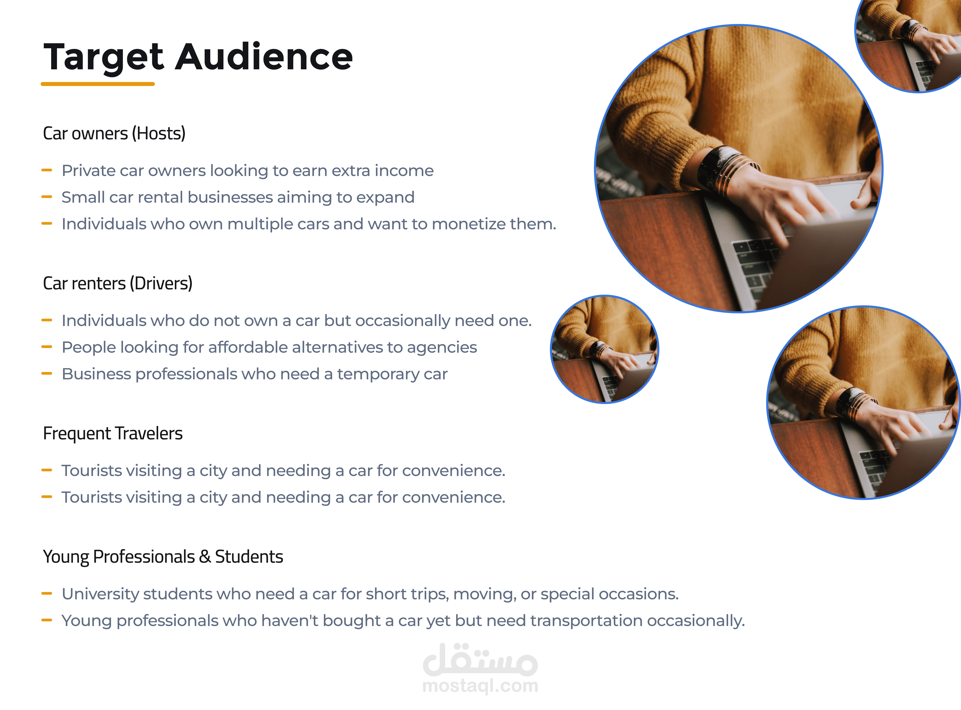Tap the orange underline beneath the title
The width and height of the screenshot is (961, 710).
tap(98, 84)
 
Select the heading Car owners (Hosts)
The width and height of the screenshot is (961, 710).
tap(114, 133)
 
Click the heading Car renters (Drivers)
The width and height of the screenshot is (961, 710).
tap(117, 283)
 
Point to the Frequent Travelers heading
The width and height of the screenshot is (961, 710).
tap(113, 433)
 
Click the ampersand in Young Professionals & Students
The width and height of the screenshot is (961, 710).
tap(205, 557)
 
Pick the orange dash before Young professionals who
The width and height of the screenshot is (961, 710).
tap(46, 620)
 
